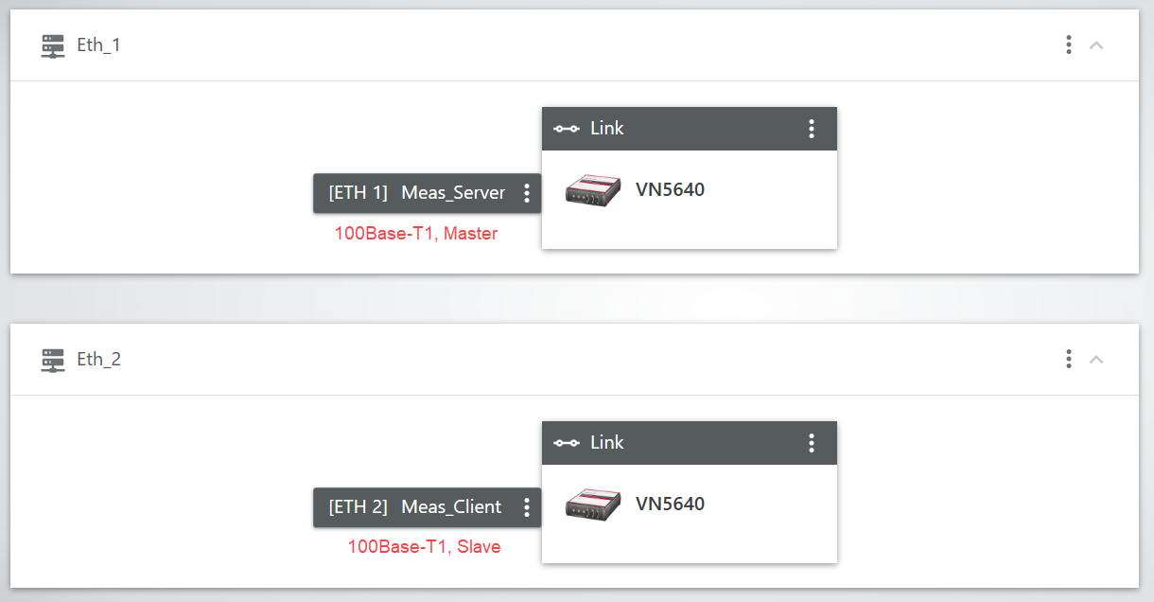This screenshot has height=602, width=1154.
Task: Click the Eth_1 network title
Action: [98, 45]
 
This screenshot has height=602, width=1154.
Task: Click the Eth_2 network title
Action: [98, 360]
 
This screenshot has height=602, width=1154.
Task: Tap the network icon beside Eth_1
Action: [53, 46]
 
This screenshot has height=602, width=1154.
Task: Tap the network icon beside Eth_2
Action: [53, 361]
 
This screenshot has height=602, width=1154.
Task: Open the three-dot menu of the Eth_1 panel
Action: [1068, 44]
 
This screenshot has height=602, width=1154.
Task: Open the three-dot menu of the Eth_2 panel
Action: [1068, 359]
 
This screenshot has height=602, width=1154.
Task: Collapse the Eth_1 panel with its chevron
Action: [1096, 44]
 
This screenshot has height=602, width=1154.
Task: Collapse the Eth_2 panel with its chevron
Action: [1096, 359]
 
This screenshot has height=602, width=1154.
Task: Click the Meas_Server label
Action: [453, 193]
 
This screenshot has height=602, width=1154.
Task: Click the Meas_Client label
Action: [451, 507]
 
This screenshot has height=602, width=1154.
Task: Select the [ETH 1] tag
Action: [358, 193]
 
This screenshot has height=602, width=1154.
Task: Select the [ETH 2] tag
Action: [358, 507]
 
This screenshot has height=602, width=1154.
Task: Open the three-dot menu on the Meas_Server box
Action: [527, 193]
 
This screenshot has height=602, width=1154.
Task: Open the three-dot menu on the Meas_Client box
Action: [527, 507]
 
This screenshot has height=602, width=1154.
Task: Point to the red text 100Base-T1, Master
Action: [415, 233]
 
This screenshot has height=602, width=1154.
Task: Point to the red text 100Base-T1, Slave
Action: [424, 547]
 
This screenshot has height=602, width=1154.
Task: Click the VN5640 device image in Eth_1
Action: [593, 190]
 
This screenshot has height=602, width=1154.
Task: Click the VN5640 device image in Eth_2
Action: [593, 505]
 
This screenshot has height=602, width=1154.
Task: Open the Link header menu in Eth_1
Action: [811, 129]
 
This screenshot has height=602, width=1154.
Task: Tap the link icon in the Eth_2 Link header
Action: [566, 443]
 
